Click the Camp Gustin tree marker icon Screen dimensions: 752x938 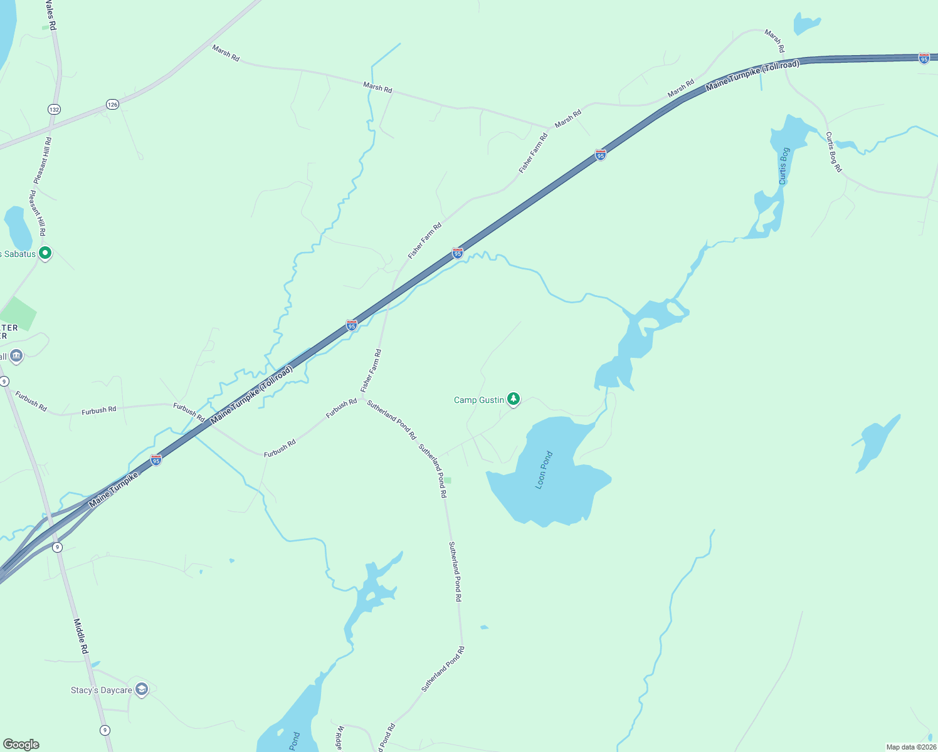click(514, 399)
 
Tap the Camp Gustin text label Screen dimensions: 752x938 click(479, 400)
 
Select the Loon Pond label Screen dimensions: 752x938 click(544, 470)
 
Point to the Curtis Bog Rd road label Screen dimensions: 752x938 click(833, 152)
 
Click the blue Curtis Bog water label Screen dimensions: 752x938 click(784, 166)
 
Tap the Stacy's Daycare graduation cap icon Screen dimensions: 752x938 click(142, 689)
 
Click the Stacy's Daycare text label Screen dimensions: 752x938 click(102, 690)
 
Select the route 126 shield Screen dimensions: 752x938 click(112, 105)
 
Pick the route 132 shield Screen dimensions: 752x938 click(54, 110)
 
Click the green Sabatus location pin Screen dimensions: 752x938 click(45, 253)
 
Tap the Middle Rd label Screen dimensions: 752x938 click(81, 636)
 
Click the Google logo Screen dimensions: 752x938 click(21, 744)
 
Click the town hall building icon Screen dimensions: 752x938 click(16, 356)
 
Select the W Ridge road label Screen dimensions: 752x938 click(340, 738)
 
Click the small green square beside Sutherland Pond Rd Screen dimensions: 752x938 click(448, 481)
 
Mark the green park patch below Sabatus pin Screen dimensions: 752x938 click(17, 314)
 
